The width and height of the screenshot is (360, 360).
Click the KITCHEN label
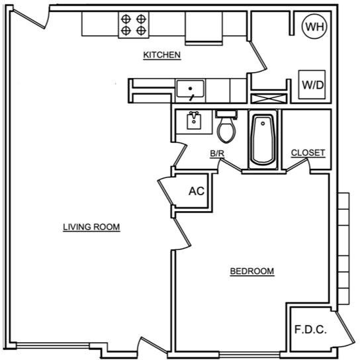(162, 55)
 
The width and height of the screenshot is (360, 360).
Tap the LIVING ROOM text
(91, 227)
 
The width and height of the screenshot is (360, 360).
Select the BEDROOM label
(252, 271)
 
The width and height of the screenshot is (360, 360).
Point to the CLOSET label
(308, 153)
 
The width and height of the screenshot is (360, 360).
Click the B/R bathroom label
(217, 154)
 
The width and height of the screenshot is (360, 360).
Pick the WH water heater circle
(314, 26)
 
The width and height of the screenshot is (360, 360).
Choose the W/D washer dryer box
(312, 85)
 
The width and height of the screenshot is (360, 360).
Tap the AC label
(197, 191)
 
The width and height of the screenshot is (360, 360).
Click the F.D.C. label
(310, 330)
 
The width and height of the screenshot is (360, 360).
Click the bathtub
(263, 140)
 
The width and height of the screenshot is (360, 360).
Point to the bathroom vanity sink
(194, 120)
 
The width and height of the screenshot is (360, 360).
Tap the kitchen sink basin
(190, 89)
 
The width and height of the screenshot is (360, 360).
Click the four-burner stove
(134, 24)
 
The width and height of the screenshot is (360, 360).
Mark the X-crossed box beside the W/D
(269, 99)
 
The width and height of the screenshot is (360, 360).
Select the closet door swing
(298, 164)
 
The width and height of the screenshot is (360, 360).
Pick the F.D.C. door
(345, 328)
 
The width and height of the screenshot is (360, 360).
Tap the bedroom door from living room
(182, 233)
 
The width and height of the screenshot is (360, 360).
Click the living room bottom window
(53, 345)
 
